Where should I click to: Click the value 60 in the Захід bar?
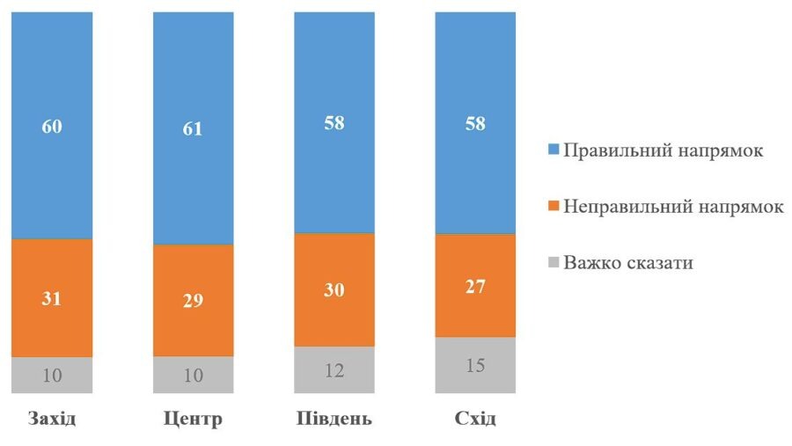point(52,126)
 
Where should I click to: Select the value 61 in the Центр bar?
point(193,128)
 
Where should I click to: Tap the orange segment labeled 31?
point(52,298)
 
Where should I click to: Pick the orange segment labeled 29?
point(193,300)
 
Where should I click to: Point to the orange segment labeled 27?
point(475,286)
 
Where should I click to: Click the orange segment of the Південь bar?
point(334,290)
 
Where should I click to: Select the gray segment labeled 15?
point(475,364)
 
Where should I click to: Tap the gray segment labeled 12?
point(334,369)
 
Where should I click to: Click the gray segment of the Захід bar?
point(52,375)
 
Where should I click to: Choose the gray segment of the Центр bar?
point(193,375)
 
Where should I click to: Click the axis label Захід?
point(52,418)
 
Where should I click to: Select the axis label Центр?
point(193,418)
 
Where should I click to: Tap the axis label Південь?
point(334,418)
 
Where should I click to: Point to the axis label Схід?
point(475,418)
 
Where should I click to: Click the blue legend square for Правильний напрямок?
point(554,150)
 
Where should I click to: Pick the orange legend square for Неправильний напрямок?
point(554,207)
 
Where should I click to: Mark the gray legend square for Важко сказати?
point(554,262)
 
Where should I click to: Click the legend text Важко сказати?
point(628,262)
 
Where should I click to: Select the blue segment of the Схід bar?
point(475,88)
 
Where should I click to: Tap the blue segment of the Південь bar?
point(334,88)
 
